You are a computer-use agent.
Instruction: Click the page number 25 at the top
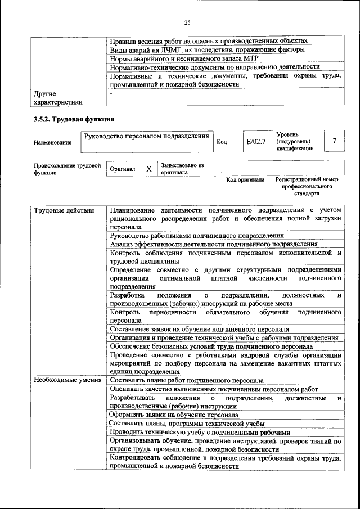pyautogui.click(x=187, y=22)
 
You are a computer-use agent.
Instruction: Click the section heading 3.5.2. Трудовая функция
pyautogui.click(x=74, y=119)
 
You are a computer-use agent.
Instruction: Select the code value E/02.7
pyautogui.click(x=255, y=141)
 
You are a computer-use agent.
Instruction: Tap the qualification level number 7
pyautogui.click(x=335, y=141)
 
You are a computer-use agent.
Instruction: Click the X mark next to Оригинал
pyautogui.click(x=148, y=169)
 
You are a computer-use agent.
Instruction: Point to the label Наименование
pyautogui.click(x=52, y=143)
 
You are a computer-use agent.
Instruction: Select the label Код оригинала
pyautogui.click(x=245, y=179)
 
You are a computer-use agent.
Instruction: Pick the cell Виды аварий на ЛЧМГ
pyautogui.click(x=207, y=50)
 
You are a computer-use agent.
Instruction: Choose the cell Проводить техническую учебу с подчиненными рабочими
pyautogui.click(x=200, y=432)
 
